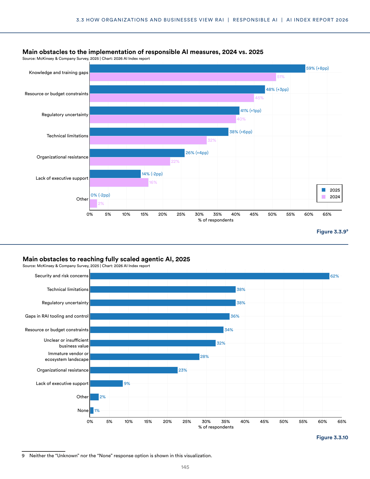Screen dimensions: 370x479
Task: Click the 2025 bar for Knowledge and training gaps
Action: pos(197,68)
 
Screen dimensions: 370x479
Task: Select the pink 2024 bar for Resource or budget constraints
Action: pos(172,98)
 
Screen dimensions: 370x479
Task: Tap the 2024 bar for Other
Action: pos(93,204)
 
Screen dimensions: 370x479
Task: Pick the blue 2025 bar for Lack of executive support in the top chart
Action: pos(115,174)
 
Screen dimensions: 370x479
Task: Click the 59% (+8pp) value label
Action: pos(317,68)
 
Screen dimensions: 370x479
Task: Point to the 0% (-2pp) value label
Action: pos(100,195)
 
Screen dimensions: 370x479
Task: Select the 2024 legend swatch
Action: pos(324,197)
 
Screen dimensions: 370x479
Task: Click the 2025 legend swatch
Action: pos(324,190)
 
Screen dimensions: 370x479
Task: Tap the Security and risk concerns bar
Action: pos(210,276)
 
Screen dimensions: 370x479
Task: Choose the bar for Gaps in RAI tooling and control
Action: pos(160,316)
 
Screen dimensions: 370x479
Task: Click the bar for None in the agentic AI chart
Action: pos(92,410)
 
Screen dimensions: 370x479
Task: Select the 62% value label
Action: pos(335,276)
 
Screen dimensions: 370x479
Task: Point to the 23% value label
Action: pos(183,370)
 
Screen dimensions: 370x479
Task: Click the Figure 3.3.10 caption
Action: pos(332,437)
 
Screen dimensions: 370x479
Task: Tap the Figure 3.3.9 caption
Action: pos(332,231)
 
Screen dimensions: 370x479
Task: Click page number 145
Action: pos(185,467)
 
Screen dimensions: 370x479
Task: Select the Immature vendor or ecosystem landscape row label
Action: pos(67,356)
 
